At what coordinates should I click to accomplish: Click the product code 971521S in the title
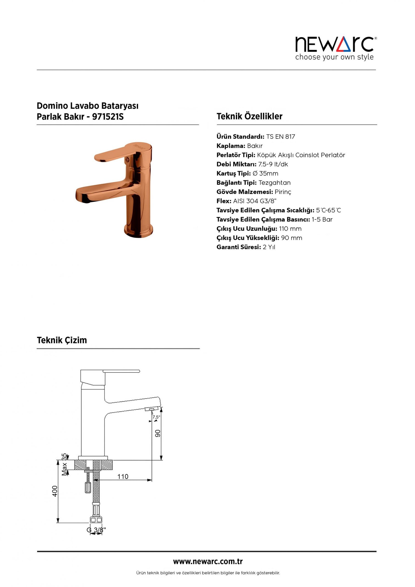[108, 117]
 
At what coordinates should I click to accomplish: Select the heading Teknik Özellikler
[249, 116]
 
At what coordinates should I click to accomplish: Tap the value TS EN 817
[280, 137]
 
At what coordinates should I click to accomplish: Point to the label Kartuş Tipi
[233, 174]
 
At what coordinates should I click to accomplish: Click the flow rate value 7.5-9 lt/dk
[273, 164]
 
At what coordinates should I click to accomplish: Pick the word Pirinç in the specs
[283, 192]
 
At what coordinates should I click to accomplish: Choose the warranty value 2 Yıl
[269, 247]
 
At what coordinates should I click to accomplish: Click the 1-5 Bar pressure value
[322, 220]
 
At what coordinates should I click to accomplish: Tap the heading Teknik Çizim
[62, 340]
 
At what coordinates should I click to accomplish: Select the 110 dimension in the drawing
[123, 476]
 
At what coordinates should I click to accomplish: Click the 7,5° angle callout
[156, 417]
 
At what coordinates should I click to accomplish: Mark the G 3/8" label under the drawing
[96, 530]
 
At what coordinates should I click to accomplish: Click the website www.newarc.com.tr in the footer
[208, 562]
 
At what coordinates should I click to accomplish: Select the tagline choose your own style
[334, 57]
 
